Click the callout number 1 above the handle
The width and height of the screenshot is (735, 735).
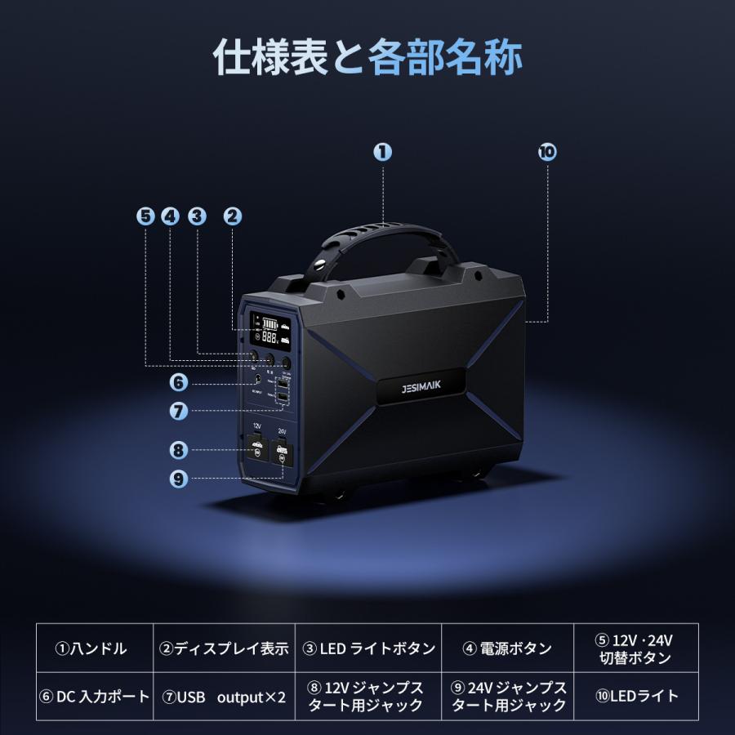(x=383, y=151)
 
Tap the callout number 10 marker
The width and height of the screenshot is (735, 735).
(x=546, y=151)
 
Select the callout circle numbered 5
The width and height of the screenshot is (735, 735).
(x=145, y=216)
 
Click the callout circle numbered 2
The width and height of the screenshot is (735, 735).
(x=232, y=216)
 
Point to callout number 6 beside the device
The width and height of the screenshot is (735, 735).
(x=179, y=381)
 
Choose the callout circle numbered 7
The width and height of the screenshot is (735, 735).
(x=179, y=412)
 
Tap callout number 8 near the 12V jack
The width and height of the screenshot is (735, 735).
(x=179, y=449)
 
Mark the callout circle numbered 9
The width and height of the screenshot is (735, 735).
(x=179, y=479)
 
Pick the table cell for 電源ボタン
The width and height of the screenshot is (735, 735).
(x=507, y=649)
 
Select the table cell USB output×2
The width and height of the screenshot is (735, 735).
(x=223, y=697)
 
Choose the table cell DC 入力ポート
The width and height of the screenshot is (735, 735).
(x=95, y=697)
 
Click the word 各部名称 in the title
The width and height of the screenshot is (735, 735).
(x=445, y=58)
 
